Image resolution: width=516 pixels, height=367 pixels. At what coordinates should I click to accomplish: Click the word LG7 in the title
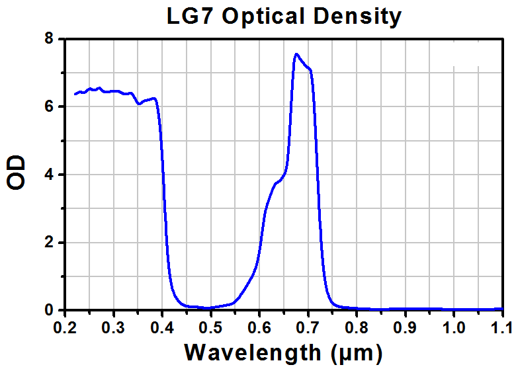pos(190,16)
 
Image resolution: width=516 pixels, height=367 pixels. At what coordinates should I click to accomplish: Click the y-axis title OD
pos(16,173)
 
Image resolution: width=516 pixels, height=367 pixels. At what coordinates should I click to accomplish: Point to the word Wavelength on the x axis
pos(253,353)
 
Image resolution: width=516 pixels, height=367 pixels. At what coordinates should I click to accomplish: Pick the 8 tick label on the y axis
pos(49,39)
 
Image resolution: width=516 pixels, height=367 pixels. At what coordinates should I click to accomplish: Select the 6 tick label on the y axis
pos(49,106)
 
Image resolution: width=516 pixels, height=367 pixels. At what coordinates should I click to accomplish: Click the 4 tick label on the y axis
pos(49,175)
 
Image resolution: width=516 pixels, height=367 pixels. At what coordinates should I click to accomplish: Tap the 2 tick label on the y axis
pos(49,243)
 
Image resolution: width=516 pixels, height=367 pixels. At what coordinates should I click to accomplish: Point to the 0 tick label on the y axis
pos(49,310)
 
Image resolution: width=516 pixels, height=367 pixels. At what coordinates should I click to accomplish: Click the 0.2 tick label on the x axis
pos(65,328)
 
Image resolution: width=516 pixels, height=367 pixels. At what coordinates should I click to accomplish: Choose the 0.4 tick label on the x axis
pos(162,328)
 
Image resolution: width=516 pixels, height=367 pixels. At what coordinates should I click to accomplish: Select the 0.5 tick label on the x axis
pos(211,328)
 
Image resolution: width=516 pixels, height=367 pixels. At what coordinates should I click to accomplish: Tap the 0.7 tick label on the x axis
pos(308,328)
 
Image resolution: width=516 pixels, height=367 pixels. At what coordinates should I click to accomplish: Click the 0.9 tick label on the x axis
pos(405,328)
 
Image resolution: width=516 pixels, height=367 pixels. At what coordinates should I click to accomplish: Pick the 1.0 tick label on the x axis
pos(454,328)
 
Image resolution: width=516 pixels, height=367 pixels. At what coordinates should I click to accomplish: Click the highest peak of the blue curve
pos(296,54)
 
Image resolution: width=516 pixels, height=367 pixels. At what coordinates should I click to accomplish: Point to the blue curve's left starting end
pos(75,95)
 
